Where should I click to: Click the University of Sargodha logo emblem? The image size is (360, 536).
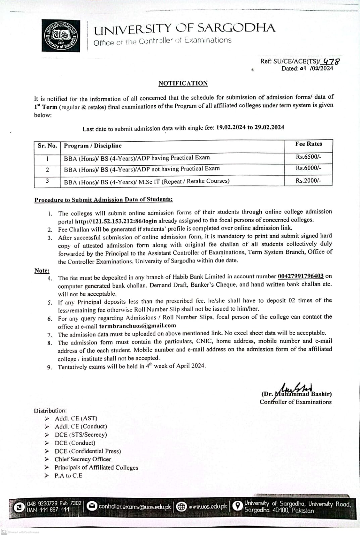61,36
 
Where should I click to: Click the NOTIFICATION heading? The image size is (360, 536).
183,83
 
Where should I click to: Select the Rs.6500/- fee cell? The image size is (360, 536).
308,157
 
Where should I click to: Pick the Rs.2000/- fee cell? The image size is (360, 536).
308,180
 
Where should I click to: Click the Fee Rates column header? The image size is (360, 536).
308,144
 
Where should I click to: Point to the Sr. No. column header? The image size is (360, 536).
47,146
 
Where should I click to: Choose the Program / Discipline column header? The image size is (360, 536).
93,146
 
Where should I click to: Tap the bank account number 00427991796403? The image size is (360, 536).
300,276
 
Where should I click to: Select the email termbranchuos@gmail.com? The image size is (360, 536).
137,325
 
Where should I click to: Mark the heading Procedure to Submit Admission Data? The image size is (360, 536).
103,199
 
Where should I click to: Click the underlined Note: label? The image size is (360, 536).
42,271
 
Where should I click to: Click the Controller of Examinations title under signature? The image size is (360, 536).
295,402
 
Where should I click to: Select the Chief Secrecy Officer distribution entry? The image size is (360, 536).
83,459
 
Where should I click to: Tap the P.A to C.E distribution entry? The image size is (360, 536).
68,476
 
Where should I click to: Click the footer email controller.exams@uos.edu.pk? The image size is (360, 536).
135,507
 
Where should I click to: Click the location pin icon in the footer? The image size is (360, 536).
238,506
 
